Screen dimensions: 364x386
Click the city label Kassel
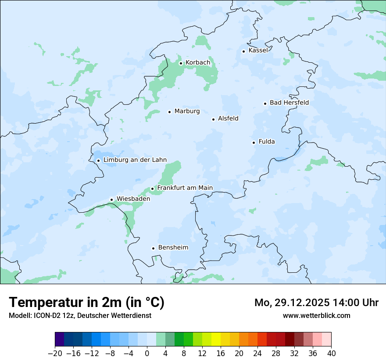point(258,50)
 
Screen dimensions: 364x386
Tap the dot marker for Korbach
point(181,63)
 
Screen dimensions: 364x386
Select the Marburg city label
point(187,111)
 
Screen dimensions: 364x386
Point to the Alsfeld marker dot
point(214,119)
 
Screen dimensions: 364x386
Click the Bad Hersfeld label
point(289,103)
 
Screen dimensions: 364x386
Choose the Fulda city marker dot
point(254,143)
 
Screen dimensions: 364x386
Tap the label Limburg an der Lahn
point(135,160)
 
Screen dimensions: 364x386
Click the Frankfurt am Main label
point(185,188)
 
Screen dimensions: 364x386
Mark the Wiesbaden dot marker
point(112,200)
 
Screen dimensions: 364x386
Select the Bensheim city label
point(173,248)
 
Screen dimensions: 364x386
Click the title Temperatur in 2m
point(86,303)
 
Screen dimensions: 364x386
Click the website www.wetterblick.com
point(316,316)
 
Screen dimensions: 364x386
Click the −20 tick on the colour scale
point(55,353)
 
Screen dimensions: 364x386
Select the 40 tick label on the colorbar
point(331,353)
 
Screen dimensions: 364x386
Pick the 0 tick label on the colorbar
point(147,353)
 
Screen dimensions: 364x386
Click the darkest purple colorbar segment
point(60,339)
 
